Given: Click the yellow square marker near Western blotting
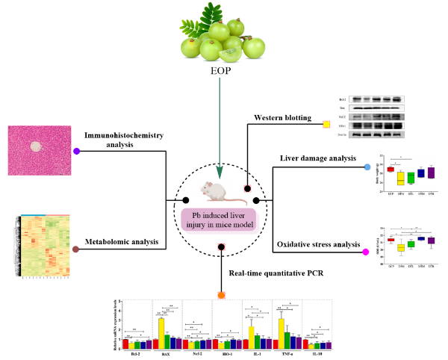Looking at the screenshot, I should [326, 124].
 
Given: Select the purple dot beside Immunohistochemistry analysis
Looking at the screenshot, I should [76, 151].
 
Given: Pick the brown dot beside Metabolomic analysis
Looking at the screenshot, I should [76, 249].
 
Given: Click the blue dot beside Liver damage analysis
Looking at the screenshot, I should [367, 167].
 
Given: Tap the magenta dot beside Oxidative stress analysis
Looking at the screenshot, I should [365, 252].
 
